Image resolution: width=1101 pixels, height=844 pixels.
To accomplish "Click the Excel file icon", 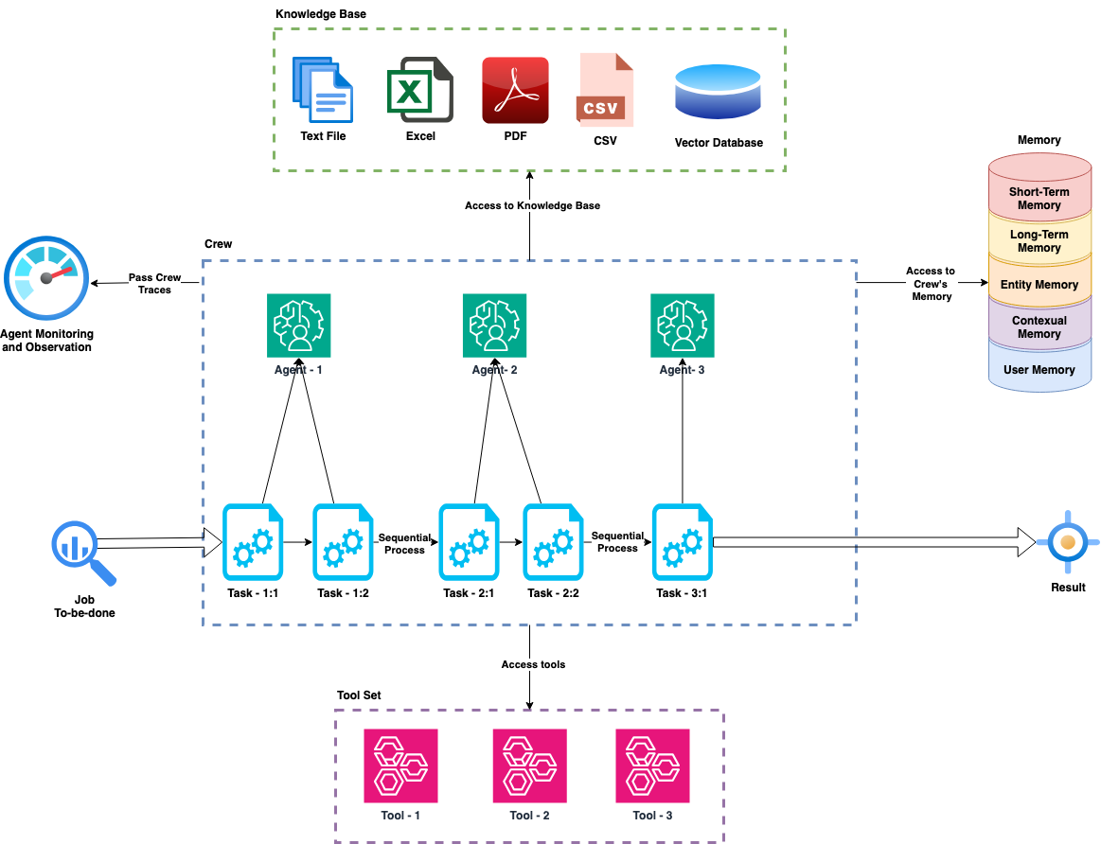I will point(419,91).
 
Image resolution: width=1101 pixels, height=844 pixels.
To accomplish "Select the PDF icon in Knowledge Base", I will point(515,90).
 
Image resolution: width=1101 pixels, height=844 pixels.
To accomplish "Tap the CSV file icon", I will point(605,90).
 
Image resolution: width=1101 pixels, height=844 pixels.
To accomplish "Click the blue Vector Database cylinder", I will point(718,93).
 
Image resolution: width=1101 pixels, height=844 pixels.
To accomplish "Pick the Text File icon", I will point(323,89).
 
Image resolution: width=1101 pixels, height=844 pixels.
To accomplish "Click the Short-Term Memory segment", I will point(1039,198).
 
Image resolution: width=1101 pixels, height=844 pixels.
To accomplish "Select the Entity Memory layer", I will point(1039,284).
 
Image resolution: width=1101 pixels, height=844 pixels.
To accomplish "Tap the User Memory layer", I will point(1039,369).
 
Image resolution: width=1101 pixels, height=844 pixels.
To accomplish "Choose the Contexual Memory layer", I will point(1039,326).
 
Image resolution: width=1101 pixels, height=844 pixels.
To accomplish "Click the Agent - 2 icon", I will point(494,325).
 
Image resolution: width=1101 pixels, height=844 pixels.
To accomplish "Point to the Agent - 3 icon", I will point(683,325).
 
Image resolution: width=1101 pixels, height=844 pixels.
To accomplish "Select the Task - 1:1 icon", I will point(253,542).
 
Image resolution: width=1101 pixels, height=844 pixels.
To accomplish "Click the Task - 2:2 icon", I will point(554,542).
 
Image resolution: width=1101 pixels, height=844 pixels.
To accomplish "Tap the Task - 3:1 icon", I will point(683,542).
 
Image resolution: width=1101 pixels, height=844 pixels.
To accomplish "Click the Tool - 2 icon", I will point(529,765).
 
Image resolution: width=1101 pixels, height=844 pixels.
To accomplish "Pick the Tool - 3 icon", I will point(652,765).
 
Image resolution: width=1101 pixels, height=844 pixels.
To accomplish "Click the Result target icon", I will point(1067,543).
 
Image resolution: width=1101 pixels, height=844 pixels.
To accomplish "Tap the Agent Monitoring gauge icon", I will point(45,280).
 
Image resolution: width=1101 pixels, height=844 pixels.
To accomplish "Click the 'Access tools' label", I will point(533,664).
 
